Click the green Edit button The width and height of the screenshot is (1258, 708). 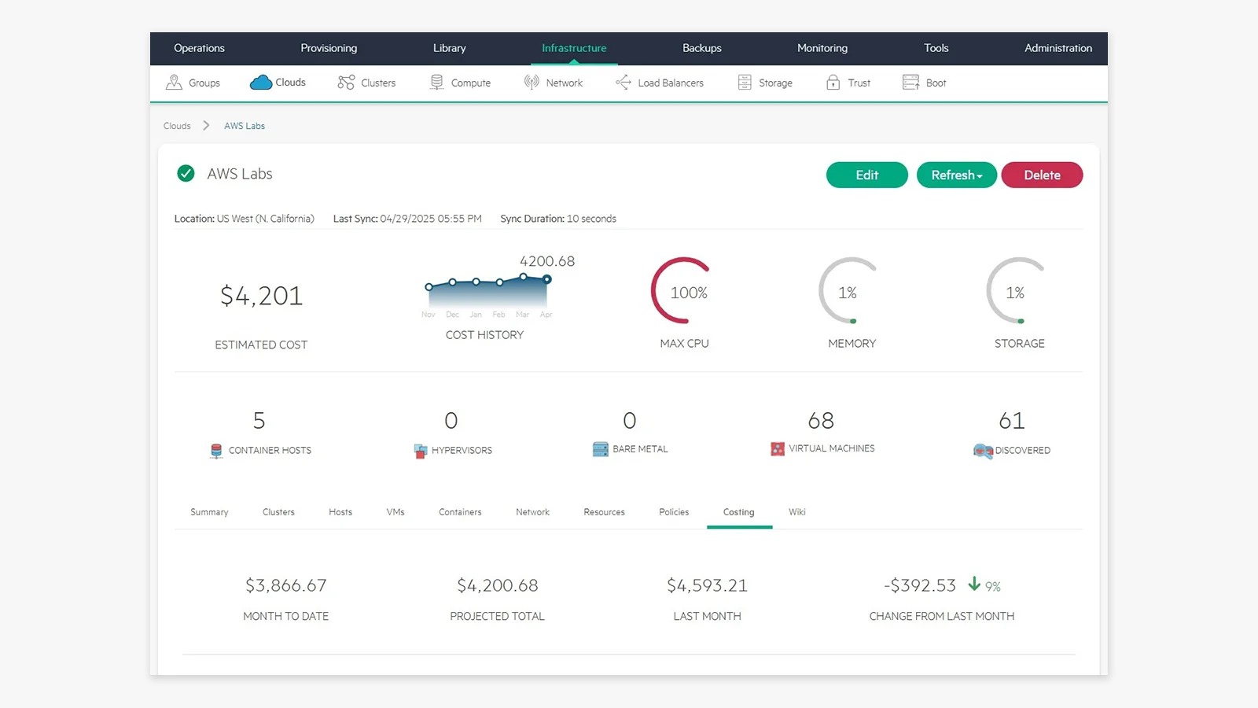pos(866,175)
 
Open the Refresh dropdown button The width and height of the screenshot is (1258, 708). pos(956,175)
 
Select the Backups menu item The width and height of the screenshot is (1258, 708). pos(701,48)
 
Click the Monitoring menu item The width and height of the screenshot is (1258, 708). pos(822,48)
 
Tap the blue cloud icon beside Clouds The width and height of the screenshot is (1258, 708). pos(260,83)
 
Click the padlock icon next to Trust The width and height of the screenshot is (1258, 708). pos(833,83)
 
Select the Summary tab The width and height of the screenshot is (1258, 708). pos(209,512)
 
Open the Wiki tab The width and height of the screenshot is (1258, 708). pos(796,512)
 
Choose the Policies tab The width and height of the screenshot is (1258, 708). pos(673,512)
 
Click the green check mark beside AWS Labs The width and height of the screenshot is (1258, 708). pos(186,174)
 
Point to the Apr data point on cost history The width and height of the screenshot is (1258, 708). pos(546,279)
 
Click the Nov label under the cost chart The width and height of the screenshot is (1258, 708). pos(428,315)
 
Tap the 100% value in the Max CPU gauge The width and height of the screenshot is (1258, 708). pos(689,293)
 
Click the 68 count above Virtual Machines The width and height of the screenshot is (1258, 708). pos(821,420)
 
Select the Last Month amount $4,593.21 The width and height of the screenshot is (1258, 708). pos(707,585)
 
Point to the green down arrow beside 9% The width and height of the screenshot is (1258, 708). pos(974,584)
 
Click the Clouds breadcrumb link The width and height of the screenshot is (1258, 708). pos(177,126)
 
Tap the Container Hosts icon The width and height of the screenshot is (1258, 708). pos(216,451)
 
